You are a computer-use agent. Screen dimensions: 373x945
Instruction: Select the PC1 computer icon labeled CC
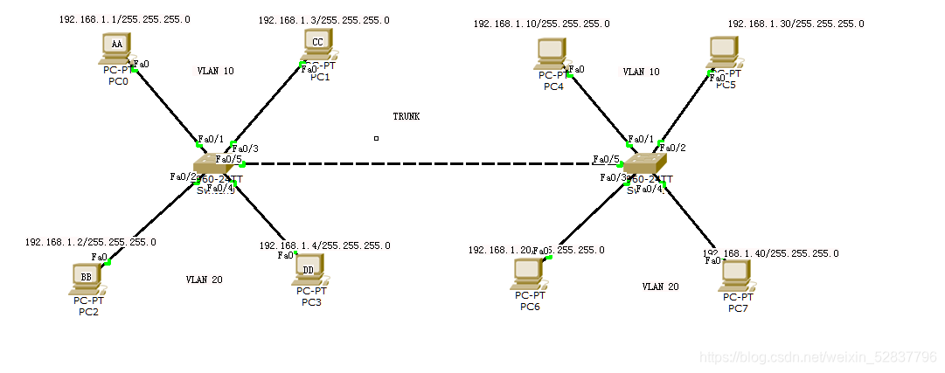[x=317, y=42]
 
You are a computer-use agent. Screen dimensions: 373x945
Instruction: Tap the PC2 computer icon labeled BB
[x=86, y=279]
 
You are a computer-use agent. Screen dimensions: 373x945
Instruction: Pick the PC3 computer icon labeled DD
[x=309, y=268]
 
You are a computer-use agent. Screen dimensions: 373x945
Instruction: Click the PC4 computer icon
[x=552, y=54]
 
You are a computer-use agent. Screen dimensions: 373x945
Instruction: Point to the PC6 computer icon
[x=530, y=274]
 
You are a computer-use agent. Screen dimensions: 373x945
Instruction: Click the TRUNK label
[x=406, y=116]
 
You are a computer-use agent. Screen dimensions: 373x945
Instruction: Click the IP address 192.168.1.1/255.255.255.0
[x=125, y=18]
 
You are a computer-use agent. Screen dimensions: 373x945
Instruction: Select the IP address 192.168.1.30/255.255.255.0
[x=795, y=24]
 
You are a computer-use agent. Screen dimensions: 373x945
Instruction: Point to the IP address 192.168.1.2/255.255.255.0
[x=91, y=242]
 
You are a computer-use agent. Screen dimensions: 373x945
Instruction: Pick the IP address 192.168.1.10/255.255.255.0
[x=541, y=24]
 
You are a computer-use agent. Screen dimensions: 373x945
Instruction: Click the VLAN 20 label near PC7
[x=660, y=287]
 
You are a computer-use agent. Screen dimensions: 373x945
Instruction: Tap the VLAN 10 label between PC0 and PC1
[x=215, y=71]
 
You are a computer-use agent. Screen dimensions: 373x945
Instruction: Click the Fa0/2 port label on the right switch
[x=673, y=148]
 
